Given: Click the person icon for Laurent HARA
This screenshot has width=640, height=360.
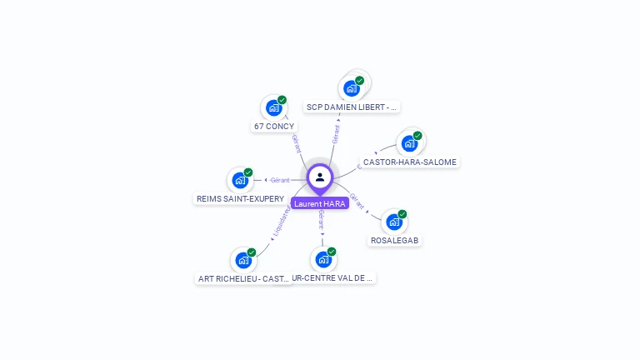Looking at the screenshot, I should coord(320,177).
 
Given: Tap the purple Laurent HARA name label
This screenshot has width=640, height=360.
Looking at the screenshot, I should coord(320,203).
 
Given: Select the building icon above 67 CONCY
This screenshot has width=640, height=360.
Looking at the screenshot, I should coord(273,107).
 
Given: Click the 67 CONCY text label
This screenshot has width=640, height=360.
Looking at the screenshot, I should coord(273,127).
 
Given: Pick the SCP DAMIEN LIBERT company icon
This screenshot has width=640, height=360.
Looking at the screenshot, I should coord(352,87).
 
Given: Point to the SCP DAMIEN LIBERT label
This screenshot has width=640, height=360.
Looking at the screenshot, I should coord(352,107).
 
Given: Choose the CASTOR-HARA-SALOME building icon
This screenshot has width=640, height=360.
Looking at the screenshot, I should coord(409,142).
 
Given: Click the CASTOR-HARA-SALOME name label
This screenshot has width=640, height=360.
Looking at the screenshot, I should coord(410,162).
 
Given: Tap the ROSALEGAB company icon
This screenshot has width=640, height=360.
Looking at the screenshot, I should coord(393,222).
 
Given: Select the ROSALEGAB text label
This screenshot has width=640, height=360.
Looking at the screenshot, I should coord(395,240).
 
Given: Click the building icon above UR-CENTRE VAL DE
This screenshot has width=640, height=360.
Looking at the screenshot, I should coord(322,259).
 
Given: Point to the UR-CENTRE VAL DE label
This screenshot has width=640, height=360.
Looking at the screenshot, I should coord(333,277).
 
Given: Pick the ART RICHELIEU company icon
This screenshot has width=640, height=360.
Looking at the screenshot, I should coord(243,260).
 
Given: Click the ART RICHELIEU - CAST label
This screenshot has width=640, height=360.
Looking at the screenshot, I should coord(243,278).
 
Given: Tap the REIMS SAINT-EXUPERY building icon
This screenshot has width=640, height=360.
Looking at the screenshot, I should coord(240,180).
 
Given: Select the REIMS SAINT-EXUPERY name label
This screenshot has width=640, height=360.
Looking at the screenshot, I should coord(240,199).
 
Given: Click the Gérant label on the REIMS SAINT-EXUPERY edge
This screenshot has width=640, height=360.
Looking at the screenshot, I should coord(280,180).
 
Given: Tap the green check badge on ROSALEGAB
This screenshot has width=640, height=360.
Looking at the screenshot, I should coord(402,214).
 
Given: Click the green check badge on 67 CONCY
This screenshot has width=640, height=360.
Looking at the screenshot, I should coord(282,100).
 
